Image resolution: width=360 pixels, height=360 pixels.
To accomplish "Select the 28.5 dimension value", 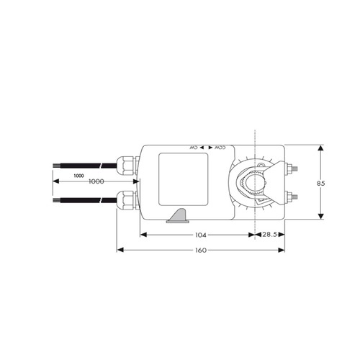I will pos(271,235).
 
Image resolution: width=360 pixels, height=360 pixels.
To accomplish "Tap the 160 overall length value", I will pos(200,251).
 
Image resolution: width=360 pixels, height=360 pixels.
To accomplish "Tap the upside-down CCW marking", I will pos(220,148).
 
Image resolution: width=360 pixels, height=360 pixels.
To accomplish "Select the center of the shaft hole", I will pos(255,184).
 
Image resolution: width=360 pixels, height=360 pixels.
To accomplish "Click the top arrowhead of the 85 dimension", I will pos(320,147).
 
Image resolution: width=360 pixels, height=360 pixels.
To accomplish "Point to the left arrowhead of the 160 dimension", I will pos(120,250).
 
